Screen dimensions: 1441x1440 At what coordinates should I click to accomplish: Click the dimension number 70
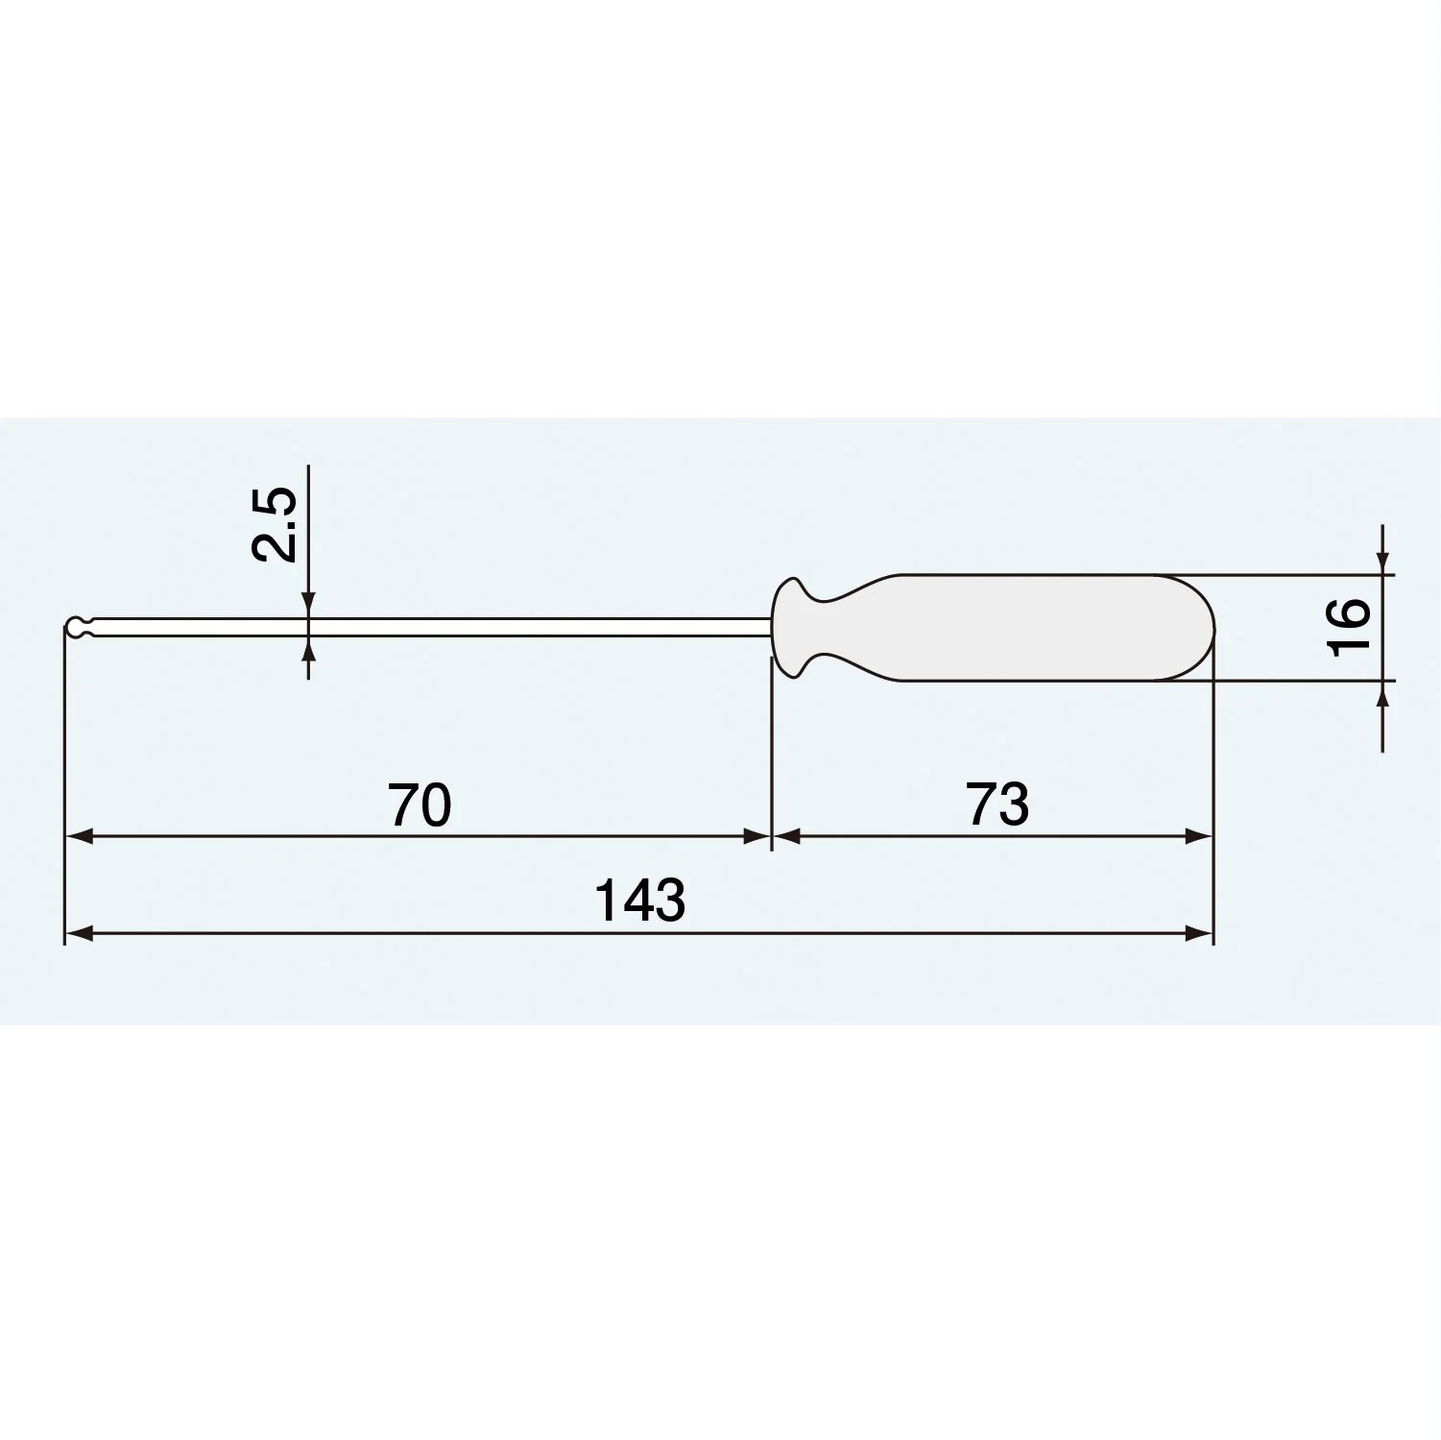pos(420,804)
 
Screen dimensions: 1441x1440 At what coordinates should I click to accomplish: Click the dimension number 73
pos(997,804)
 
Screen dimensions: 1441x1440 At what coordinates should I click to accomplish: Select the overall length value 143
pos(639,900)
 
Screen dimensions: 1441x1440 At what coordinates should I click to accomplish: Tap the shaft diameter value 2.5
pos(274,524)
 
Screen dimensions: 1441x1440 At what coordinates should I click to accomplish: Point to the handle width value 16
pos(1349,627)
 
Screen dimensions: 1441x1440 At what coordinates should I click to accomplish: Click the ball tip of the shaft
pos(73,628)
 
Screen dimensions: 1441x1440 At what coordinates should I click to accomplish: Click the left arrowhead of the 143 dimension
pos(78,933)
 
